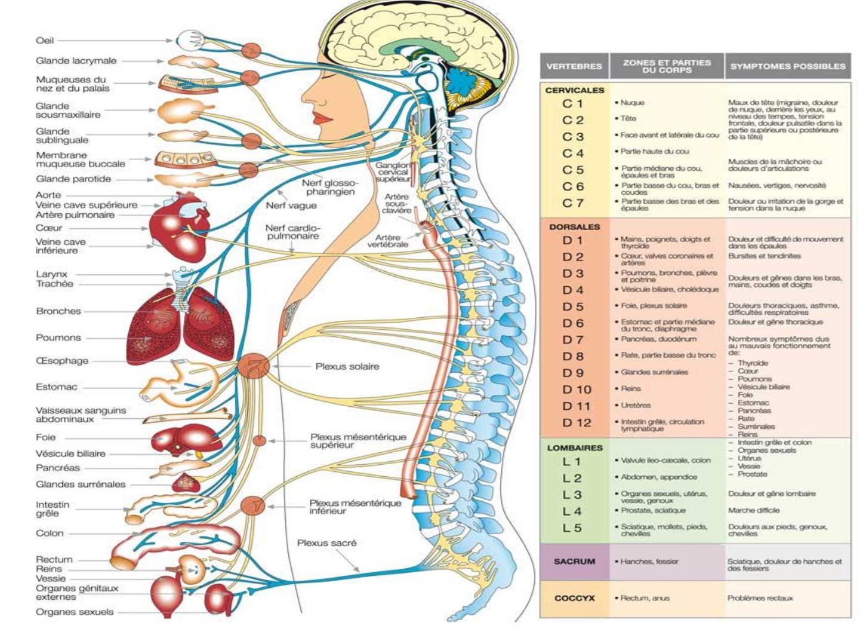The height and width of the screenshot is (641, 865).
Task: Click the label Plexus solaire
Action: point(347,366)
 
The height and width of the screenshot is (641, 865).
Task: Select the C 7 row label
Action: point(572,203)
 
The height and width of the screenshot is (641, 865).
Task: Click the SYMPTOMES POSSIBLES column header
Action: point(787,66)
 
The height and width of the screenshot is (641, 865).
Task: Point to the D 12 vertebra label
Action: point(576,423)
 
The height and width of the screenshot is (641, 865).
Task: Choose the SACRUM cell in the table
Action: point(574,562)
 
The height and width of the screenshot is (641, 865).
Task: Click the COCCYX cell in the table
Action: point(574,598)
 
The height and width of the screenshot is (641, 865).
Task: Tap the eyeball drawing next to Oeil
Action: point(190,41)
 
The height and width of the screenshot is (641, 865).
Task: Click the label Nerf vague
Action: point(291,206)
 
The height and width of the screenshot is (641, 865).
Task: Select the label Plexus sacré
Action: point(327,543)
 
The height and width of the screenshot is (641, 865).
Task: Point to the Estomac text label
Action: point(56,387)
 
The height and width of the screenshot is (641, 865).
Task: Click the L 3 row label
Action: point(572,495)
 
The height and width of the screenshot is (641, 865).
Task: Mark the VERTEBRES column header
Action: point(574,66)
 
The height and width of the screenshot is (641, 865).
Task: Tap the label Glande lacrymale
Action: point(76,61)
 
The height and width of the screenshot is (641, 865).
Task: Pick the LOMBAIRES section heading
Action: point(574,447)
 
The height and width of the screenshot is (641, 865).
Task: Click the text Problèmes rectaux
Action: point(759,598)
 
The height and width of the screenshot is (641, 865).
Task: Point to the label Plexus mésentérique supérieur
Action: point(358,441)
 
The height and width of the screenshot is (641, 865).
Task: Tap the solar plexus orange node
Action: point(253,366)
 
